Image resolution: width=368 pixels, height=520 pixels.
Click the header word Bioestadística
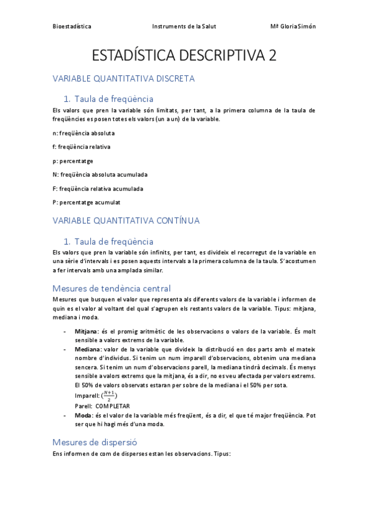(72, 26)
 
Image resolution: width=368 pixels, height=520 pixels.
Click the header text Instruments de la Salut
(184, 26)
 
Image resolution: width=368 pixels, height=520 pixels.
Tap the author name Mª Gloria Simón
(293, 26)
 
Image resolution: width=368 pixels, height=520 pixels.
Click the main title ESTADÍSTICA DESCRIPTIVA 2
(184, 56)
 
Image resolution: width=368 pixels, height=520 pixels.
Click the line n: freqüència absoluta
(84, 132)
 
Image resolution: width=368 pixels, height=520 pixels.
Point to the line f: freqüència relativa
(82, 147)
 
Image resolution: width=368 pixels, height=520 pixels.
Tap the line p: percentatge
(73, 161)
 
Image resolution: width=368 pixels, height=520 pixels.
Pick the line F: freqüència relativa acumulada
(98, 188)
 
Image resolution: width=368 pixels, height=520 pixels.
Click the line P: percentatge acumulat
(87, 202)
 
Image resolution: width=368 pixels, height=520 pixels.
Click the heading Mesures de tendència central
(111, 288)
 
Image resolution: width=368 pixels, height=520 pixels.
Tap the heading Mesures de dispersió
(95, 442)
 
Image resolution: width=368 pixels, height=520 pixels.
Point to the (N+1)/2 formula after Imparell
(108, 396)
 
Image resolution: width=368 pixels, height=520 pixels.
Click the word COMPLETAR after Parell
(112, 406)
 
